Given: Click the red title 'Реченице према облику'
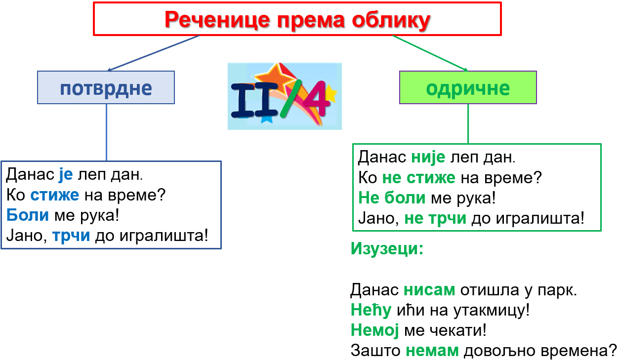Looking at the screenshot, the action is point(297,20).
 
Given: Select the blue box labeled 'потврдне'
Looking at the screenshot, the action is point(106,87).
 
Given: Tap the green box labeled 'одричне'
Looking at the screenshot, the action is point(468,87).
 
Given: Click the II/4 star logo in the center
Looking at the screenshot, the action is point(285,96).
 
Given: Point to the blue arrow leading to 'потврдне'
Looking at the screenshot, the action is point(153,53).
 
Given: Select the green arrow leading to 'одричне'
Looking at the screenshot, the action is point(430,53).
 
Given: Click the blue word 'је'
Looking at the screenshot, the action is point(66,175).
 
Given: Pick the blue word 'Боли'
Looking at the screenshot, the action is point(27,215).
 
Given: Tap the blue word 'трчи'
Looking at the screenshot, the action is point(71,236).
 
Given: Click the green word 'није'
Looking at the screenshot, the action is point(428,158).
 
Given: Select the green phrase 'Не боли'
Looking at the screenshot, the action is point(392,198).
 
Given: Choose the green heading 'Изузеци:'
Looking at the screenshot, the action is point(387,248).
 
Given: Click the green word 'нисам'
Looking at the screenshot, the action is point(429,290).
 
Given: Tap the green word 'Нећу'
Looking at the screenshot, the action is point(371,310).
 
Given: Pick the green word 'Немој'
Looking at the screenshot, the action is point(375,330).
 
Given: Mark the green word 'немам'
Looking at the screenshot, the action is point(432,351).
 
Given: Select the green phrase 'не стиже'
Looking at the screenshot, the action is point(418,178).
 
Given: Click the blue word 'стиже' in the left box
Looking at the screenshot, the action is point(54,195).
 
